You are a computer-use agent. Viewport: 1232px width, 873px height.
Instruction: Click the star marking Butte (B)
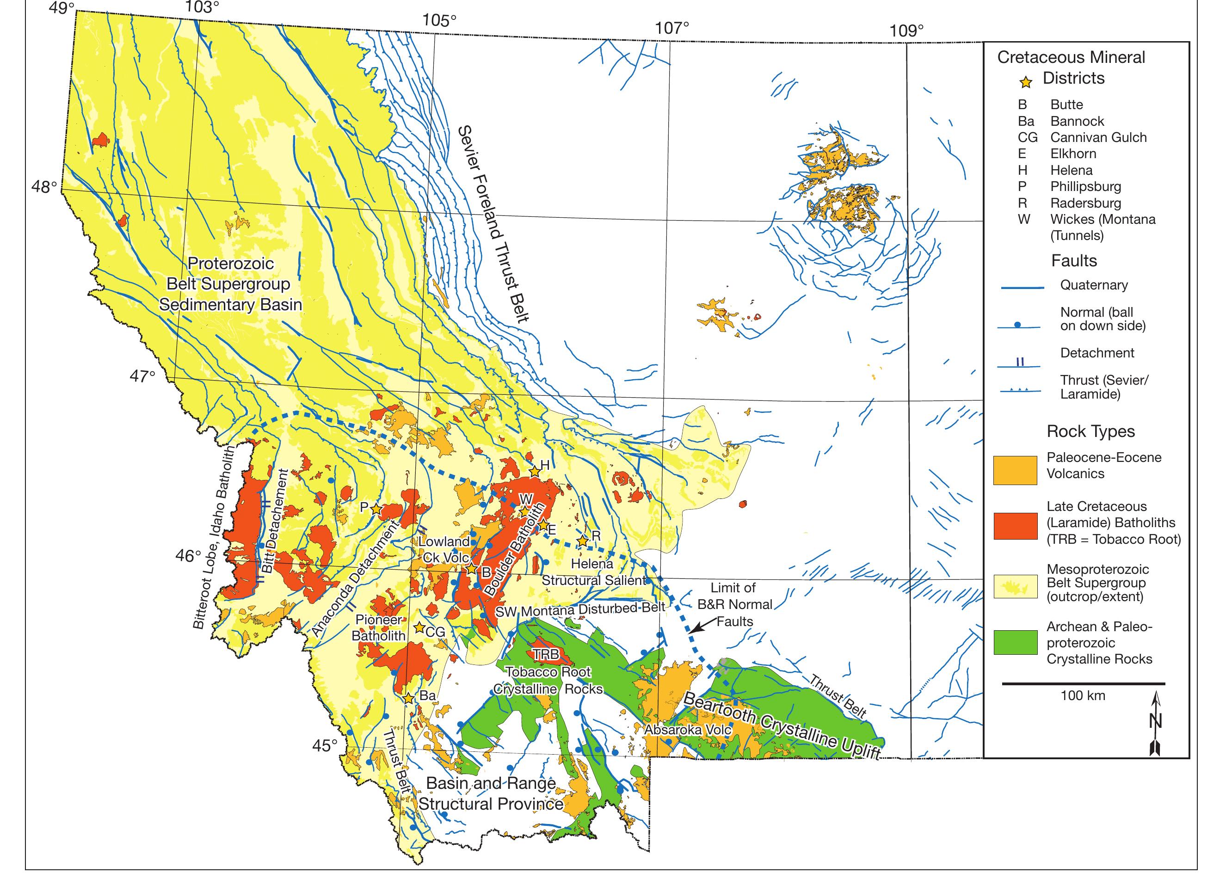pyautogui.click(x=471, y=568)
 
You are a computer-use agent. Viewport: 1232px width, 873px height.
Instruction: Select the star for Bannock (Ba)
pyautogui.click(x=408, y=698)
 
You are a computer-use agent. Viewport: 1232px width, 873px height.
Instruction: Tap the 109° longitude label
pyautogui.click(x=906, y=31)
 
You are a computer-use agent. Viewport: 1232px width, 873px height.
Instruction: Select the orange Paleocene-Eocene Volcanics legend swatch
pyautogui.click(x=1015, y=470)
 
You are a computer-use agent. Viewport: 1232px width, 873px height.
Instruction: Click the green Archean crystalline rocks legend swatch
pyautogui.click(x=1015, y=642)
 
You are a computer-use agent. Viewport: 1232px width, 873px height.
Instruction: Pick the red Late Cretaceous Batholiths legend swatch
pyautogui.click(x=1015, y=525)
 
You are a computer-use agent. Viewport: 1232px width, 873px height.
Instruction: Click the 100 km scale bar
pyautogui.click(x=1083, y=684)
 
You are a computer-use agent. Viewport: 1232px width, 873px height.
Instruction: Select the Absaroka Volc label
pyautogui.click(x=688, y=730)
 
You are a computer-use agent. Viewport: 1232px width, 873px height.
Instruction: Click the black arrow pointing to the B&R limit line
pyautogui.click(x=704, y=625)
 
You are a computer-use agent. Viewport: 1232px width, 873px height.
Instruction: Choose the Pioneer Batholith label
pyautogui.click(x=378, y=627)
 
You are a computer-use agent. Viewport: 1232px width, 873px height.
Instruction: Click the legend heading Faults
pyautogui.click(x=1073, y=261)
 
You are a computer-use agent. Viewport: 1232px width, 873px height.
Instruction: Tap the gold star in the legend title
pyautogui.click(x=1026, y=82)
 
